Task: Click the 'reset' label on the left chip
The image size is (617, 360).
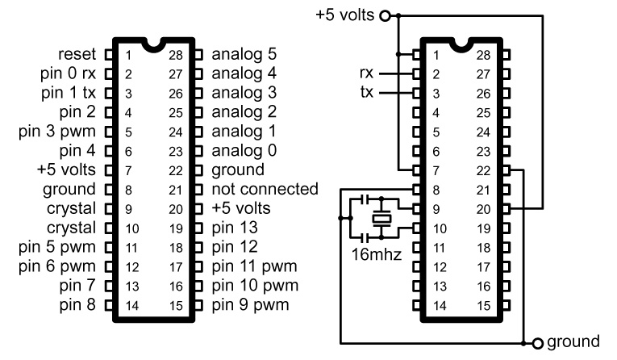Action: (77, 55)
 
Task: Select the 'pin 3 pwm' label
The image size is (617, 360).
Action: (62, 131)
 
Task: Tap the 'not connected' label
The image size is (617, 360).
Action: (265, 188)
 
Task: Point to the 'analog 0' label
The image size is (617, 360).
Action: (244, 150)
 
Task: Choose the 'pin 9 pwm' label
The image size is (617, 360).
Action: (250, 305)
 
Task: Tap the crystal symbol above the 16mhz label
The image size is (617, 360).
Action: (380, 218)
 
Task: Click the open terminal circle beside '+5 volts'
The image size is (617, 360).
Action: (384, 15)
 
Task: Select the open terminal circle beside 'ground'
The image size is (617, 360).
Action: (537, 342)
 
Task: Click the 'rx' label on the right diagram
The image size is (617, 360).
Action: (368, 73)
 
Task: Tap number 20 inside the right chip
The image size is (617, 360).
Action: (483, 208)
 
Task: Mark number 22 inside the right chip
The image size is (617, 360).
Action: (483, 170)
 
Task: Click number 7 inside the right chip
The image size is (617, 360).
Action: (436, 170)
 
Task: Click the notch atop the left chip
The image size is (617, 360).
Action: (152, 44)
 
